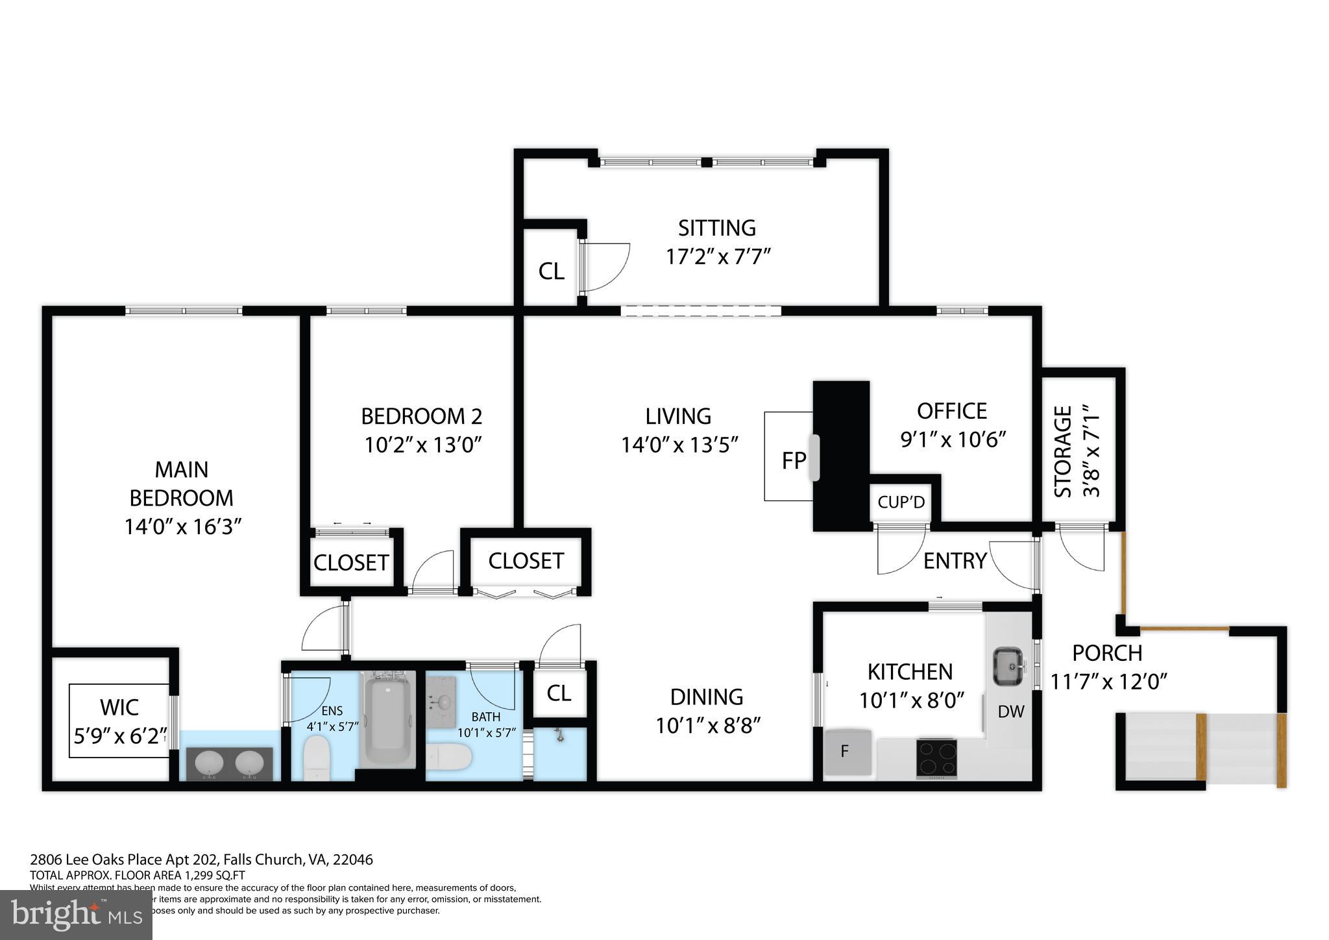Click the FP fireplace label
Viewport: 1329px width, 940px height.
coord(794,460)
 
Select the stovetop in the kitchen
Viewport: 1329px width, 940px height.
coord(935,758)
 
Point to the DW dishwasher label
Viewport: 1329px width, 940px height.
coord(1010,712)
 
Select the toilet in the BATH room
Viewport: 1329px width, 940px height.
coord(449,757)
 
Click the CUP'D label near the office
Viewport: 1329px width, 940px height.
coord(901,502)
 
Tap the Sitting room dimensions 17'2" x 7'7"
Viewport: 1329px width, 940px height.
coord(718,256)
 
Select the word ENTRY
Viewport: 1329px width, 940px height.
coord(955,560)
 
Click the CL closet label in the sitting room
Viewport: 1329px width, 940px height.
coord(551,271)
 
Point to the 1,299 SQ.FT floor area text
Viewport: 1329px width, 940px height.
coord(201,875)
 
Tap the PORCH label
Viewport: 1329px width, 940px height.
coord(1107,652)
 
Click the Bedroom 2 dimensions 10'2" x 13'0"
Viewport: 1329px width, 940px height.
coord(422,445)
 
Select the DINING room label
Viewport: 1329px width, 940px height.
coord(706,697)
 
